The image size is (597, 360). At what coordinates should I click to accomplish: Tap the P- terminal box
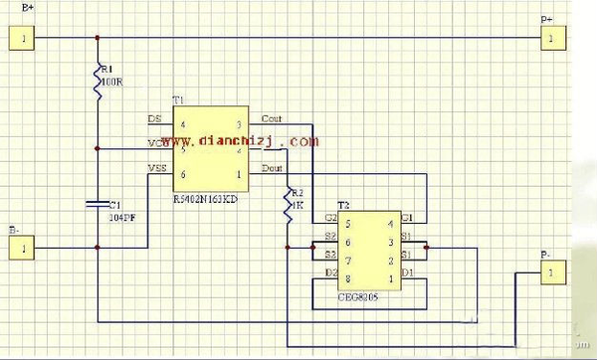click(x=552, y=271)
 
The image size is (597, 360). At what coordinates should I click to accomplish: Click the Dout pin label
click(x=272, y=167)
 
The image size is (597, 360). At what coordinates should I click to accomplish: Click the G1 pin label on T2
click(x=407, y=218)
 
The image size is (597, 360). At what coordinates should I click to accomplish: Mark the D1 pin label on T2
click(x=407, y=272)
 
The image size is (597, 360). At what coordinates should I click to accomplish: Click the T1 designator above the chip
click(x=178, y=101)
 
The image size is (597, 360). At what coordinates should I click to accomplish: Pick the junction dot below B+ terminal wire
click(x=98, y=39)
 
